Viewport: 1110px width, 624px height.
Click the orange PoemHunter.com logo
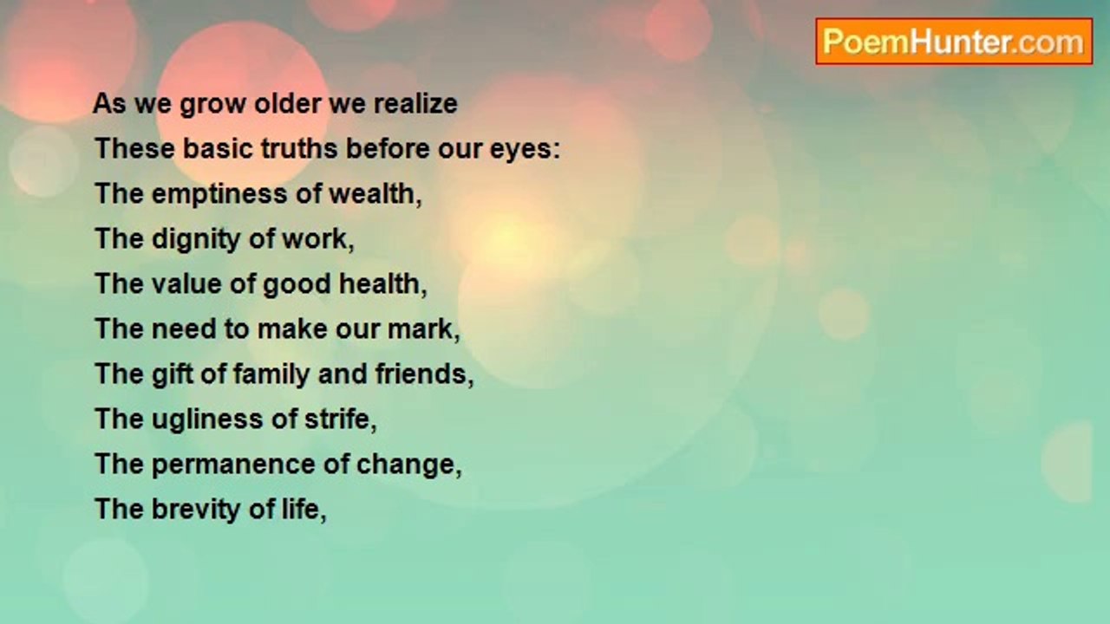coord(954,42)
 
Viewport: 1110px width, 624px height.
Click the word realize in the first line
coord(415,103)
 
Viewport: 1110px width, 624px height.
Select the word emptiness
coord(219,194)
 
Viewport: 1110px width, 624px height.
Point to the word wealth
coord(375,193)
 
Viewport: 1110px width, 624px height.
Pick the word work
coord(318,238)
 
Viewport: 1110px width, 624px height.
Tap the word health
coord(382,283)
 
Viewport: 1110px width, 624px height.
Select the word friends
coord(424,374)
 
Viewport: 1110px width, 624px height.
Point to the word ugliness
coord(207,419)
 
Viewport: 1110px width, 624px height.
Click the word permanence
coord(233,465)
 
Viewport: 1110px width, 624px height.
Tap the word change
coord(408,465)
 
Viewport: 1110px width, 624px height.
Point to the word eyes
coord(525,149)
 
